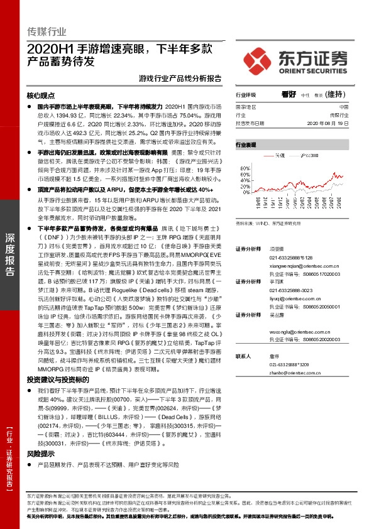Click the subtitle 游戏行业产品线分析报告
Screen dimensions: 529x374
coord(179,79)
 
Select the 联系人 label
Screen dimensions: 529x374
coord(243,356)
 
